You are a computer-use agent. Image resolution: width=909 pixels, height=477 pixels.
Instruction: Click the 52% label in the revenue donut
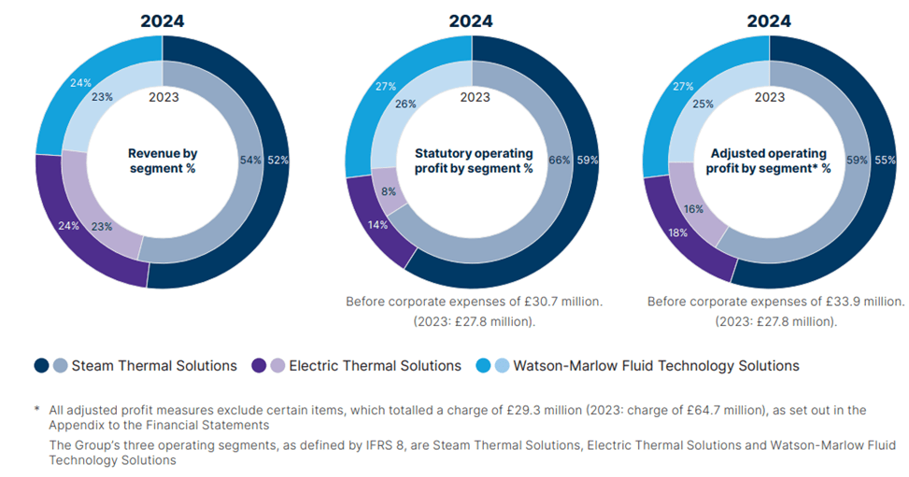277,160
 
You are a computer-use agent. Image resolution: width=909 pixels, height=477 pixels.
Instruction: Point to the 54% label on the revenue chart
250,160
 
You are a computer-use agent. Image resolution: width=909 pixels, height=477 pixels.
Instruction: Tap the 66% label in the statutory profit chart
560,160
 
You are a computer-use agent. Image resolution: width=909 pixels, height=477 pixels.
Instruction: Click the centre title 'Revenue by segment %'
163,160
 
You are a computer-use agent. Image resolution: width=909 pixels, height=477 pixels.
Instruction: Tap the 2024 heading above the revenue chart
163,21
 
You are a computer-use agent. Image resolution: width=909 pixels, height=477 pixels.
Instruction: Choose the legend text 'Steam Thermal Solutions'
154,365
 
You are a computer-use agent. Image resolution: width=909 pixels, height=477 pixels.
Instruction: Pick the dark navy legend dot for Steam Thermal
41,365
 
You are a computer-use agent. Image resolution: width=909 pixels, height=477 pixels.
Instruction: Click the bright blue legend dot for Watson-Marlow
483,365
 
